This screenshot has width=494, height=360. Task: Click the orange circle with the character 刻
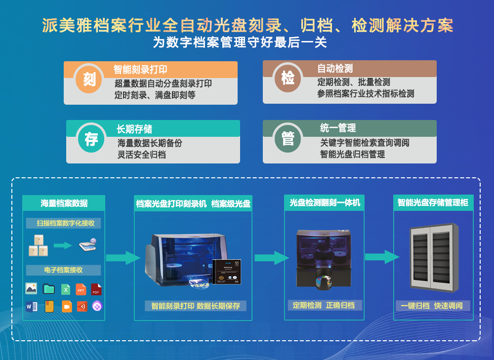point(89,79)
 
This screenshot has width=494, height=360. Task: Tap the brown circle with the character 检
point(288,78)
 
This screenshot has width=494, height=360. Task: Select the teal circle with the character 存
point(91,138)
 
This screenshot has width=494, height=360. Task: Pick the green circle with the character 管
point(288,138)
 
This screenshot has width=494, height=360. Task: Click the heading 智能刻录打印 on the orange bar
point(140,70)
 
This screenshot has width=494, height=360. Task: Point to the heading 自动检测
point(335,69)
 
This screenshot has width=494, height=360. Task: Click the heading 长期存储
point(134,129)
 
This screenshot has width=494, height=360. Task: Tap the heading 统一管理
point(338,128)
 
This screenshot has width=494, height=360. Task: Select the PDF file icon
point(96,289)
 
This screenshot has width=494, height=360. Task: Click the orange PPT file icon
point(81,289)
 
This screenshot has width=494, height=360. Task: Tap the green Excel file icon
point(65,289)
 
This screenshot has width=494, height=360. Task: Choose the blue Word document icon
point(32,307)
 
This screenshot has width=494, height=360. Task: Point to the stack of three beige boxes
point(39,245)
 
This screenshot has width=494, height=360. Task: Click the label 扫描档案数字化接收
point(63,223)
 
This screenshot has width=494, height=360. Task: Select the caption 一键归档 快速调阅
point(432,306)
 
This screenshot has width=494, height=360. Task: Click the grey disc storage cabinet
point(433,257)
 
